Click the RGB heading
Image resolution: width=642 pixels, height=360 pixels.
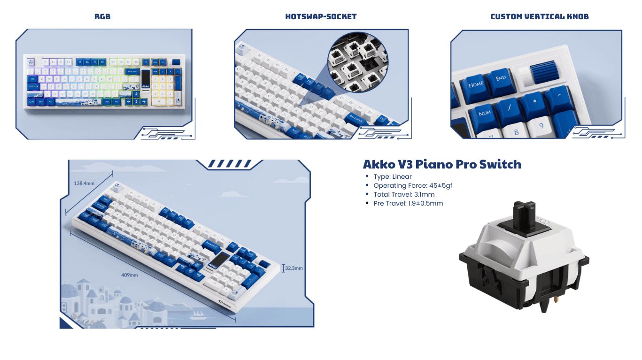tap(102, 17)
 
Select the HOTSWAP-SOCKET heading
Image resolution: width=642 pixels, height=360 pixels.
tap(321, 17)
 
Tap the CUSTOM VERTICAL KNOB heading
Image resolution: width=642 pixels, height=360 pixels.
tap(539, 17)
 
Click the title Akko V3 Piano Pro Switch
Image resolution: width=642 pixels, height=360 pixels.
tap(442, 164)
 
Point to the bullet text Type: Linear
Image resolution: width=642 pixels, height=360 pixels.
tap(393, 177)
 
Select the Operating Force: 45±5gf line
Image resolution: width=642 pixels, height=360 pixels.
tap(413, 185)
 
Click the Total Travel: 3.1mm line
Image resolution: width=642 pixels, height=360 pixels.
tap(404, 194)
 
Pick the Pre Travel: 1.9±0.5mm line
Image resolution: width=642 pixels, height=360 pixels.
tap(408, 203)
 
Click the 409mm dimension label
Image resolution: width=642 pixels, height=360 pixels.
tap(130, 275)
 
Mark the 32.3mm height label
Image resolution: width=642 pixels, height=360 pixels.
tap(294, 268)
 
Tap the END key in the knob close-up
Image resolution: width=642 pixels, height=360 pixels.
tap(501, 78)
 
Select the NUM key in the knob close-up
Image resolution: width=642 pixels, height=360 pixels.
tap(485, 114)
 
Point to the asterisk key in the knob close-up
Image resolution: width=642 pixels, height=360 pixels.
tap(534, 100)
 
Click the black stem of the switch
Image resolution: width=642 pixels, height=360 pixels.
tap(525, 213)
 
